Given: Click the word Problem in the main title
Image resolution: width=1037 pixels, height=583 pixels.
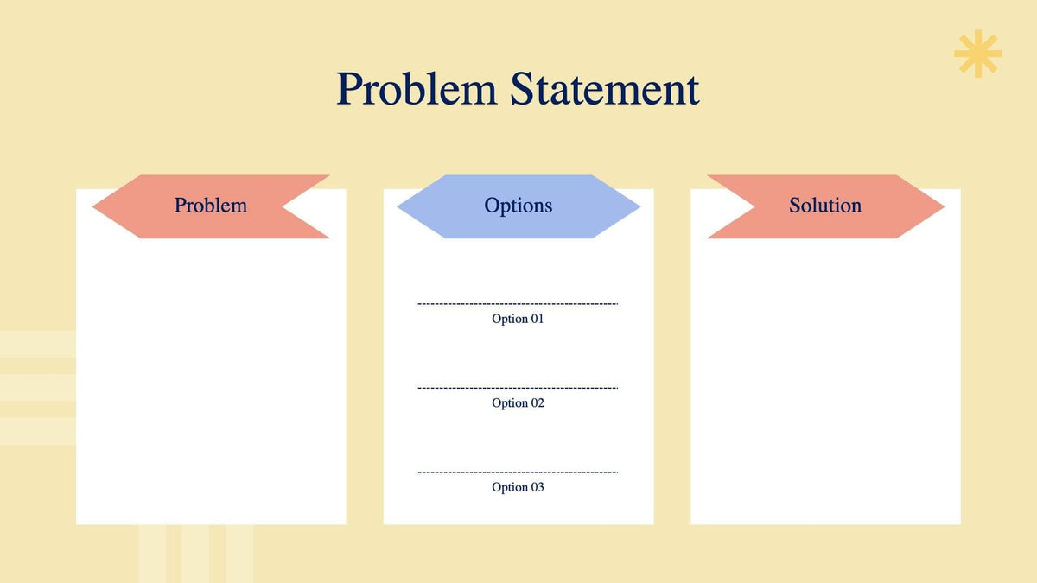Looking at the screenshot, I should tap(417, 89).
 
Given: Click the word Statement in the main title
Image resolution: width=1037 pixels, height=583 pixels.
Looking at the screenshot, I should tap(605, 89).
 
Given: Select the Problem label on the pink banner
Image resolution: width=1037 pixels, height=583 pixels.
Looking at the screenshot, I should tap(210, 206).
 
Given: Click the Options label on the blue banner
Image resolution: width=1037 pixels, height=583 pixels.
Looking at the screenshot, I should tap(518, 206).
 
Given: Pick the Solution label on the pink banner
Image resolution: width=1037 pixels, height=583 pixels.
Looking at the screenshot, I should tap(825, 206).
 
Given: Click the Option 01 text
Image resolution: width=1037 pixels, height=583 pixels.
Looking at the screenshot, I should tap(518, 319).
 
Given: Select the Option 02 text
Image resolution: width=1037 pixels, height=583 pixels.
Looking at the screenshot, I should tap(518, 403).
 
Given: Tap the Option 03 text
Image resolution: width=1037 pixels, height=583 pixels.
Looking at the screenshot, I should tap(518, 487).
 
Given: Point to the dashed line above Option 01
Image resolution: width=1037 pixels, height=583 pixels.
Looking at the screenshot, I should tap(518, 304).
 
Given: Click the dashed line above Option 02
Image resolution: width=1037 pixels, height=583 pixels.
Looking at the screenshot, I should tap(518, 388).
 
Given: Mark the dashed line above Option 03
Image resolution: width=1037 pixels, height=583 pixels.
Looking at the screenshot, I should tap(518, 472).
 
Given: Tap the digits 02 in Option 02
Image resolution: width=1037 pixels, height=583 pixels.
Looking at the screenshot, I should tap(536, 403).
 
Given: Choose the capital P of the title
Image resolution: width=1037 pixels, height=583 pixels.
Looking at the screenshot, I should tap(349, 89).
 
